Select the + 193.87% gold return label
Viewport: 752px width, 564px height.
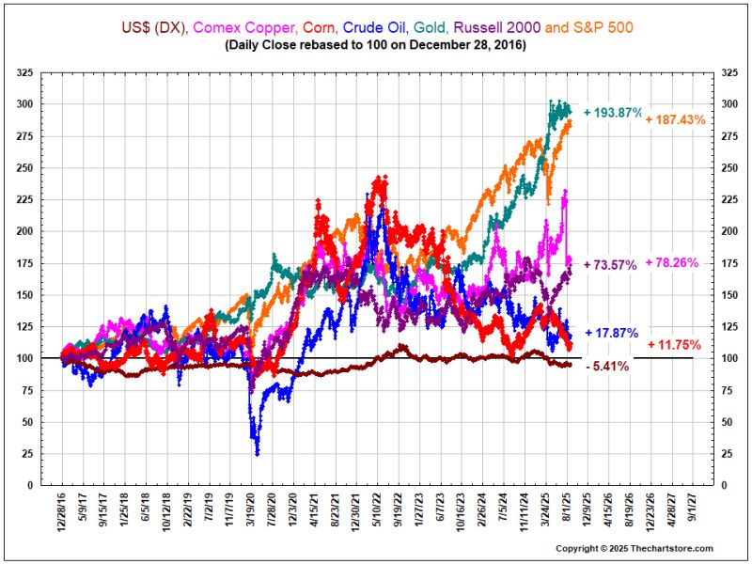pos(614,113)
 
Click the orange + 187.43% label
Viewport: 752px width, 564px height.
pos(675,119)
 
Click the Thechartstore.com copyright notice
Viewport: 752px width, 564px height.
pos(634,548)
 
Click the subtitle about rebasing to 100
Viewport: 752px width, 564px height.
pos(376,44)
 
